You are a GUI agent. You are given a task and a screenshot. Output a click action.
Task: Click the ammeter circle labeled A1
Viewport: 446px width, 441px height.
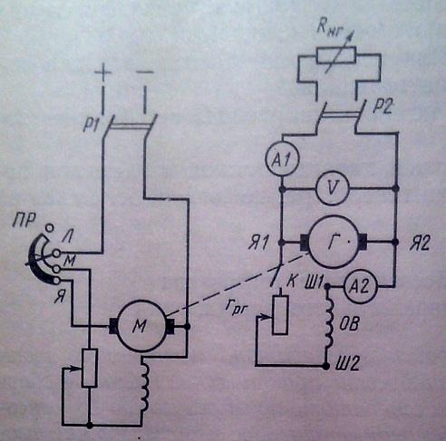tap(282, 158)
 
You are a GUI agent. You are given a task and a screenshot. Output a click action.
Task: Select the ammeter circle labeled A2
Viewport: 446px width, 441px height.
tap(361, 286)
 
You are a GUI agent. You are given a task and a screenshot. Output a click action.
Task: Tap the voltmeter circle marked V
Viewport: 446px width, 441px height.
tap(333, 188)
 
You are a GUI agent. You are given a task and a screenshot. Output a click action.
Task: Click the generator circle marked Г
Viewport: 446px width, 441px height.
tap(334, 242)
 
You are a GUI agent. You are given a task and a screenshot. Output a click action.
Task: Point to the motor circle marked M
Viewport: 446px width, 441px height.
tap(141, 326)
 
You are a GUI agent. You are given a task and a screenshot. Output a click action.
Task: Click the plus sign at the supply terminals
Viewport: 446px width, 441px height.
tap(103, 72)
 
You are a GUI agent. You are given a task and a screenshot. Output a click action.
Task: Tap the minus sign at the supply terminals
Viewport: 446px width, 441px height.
tap(145, 72)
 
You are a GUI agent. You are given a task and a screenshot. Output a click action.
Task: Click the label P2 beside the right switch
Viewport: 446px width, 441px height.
tap(383, 106)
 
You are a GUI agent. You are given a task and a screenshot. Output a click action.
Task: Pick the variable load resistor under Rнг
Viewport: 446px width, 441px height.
tap(336, 55)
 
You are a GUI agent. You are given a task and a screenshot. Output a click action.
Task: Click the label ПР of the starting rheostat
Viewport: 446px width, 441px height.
tap(24, 220)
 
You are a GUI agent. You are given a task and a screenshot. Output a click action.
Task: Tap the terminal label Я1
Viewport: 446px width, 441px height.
tap(257, 244)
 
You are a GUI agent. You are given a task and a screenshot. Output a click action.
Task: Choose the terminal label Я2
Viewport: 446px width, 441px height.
tap(420, 244)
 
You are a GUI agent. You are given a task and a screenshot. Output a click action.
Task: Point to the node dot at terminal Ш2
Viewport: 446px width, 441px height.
tap(325, 366)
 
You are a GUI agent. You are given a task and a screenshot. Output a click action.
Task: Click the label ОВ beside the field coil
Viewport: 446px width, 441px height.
tap(349, 325)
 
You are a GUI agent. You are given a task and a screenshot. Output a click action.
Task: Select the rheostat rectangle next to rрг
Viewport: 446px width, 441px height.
tap(280, 315)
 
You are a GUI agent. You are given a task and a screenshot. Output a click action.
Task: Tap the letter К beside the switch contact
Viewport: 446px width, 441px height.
tap(291, 282)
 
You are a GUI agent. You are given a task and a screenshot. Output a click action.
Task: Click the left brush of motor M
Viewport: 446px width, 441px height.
tap(112, 326)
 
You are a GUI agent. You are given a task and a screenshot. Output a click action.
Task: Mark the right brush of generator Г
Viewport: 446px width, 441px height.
tap(363, 242)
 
